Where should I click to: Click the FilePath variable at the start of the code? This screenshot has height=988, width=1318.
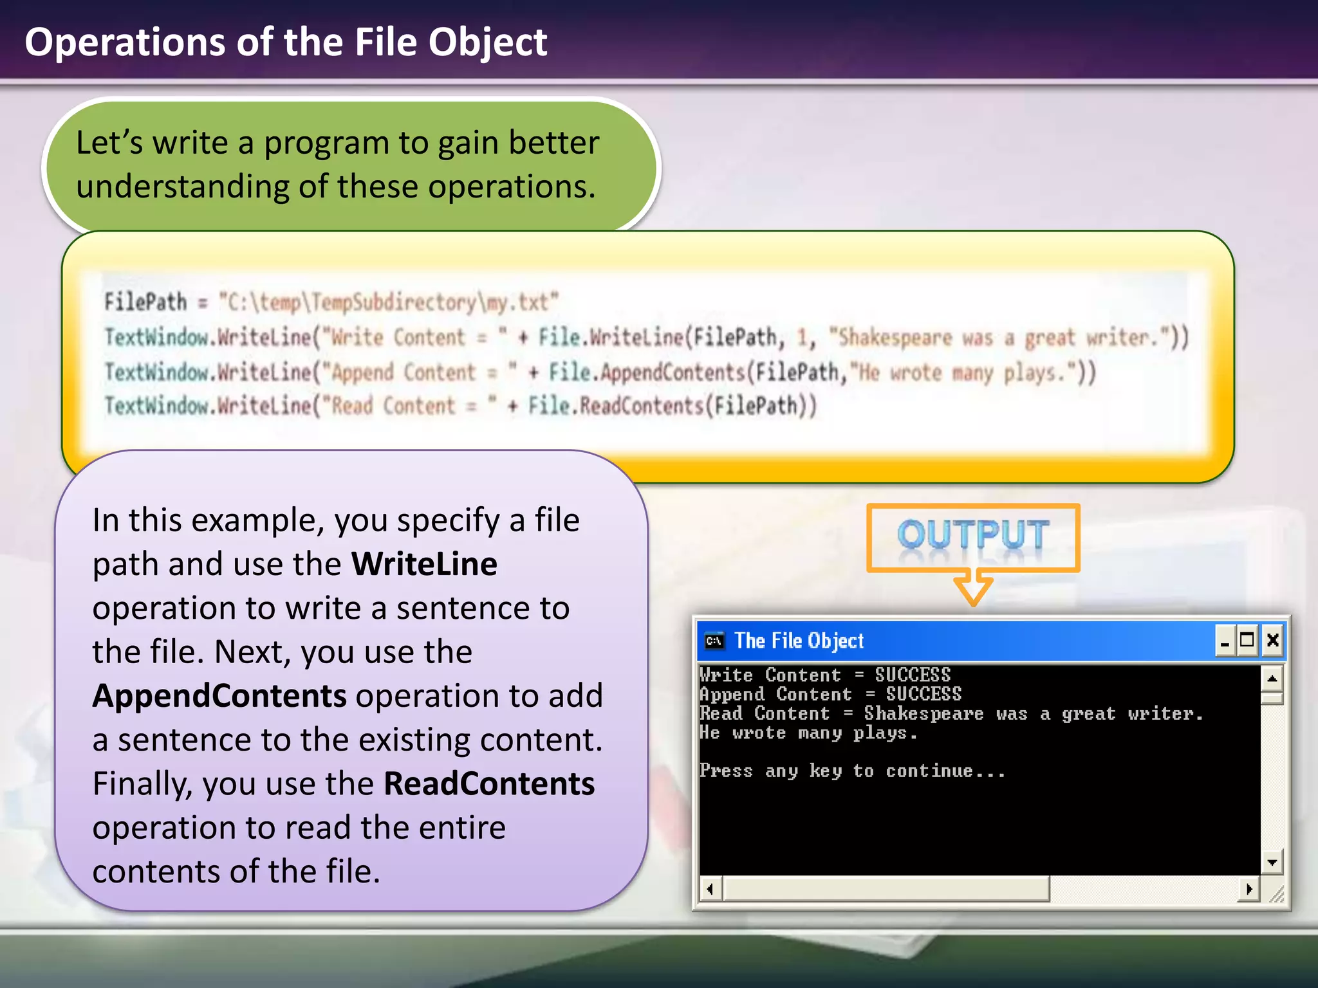pos(145,302)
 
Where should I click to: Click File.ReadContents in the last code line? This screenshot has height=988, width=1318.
pos(616,406)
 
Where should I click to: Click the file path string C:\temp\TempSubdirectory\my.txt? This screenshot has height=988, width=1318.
pos(389,302)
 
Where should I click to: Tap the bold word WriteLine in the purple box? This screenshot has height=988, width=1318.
pos(424,564)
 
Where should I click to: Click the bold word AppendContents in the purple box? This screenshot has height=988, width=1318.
pos(219,696)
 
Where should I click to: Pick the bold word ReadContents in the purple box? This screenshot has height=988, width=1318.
pos(489,784)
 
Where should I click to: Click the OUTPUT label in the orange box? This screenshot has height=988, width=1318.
pos(972,535)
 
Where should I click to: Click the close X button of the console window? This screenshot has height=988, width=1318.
pos(1272,641)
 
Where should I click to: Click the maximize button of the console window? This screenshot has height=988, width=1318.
pos(1247,641)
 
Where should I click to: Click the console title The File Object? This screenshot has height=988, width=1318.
pos(799,641)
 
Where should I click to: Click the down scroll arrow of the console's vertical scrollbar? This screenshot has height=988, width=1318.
pos(1272,863)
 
